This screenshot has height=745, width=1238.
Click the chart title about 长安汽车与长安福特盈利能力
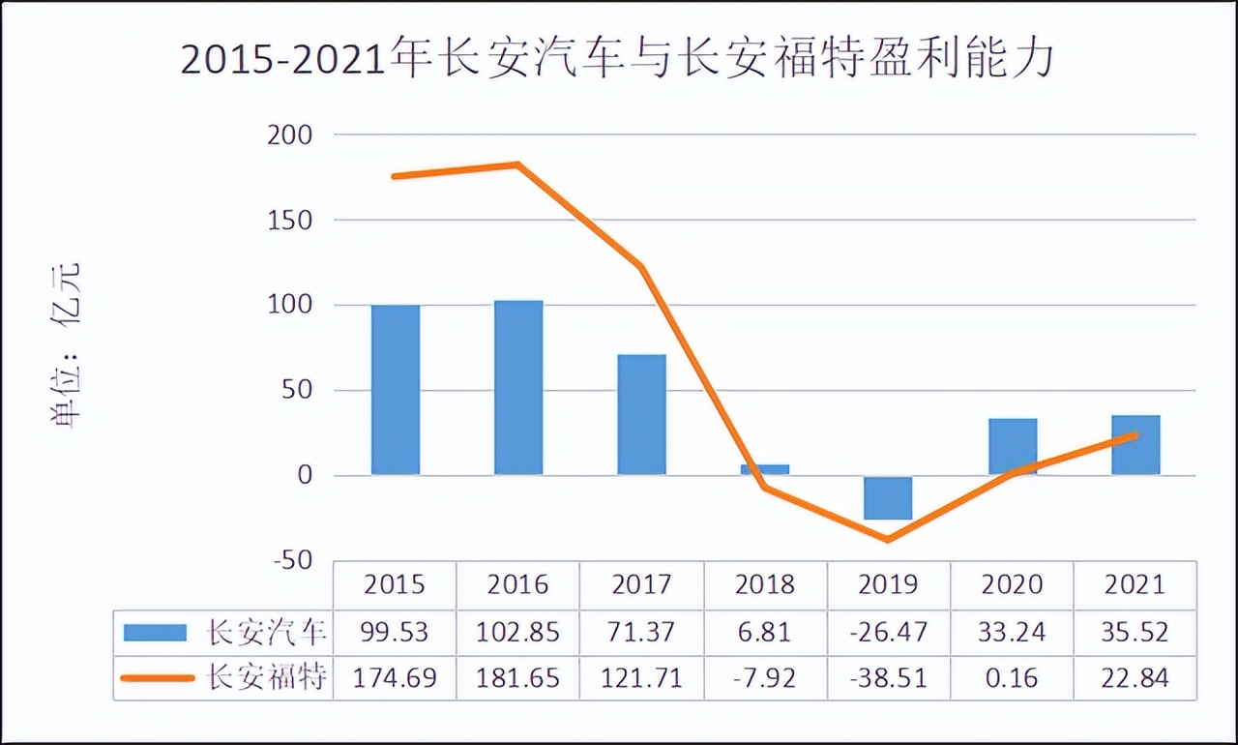618,60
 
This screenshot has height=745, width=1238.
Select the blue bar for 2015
396,390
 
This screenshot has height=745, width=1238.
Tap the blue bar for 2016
518,387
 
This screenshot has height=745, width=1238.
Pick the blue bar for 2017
642,414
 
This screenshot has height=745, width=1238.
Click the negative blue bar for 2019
888,497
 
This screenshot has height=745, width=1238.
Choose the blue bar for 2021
1135,445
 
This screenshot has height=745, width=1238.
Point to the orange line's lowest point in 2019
888,540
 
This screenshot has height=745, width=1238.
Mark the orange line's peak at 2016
518,164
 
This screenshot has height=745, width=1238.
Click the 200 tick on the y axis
289,135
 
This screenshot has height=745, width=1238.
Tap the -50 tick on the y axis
289,560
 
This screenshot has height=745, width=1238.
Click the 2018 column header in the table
765,584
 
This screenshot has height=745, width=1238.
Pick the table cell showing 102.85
518,632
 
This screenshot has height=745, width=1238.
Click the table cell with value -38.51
888,678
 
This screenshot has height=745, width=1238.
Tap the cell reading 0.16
1012,678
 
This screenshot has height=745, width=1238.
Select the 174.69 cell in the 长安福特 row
396,678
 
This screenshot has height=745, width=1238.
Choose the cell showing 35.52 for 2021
1135,632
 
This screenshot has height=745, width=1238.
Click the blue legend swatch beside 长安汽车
155,633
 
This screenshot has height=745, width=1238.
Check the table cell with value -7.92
765,678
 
